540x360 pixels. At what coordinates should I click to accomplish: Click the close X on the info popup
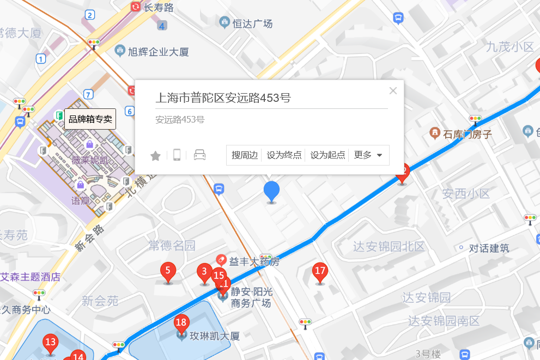click(x=393, y=91)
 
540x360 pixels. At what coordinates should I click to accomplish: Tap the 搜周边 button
click(x=244, y=155)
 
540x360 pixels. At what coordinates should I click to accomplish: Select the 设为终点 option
click(x=284, y=155)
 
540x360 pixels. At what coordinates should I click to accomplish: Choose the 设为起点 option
click(x=327, y=155)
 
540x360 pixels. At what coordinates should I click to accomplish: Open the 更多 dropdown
click(x=368, y=155)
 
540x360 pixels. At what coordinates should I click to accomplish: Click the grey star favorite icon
click(x=155, y=156)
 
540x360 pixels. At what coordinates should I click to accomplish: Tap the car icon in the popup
click(x=200, y=155)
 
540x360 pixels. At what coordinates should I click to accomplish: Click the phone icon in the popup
click(x=177, y=155)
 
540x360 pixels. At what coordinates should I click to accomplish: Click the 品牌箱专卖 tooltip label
click(x=90, y=119)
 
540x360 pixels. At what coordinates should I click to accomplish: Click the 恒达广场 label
click(x=252, y=23)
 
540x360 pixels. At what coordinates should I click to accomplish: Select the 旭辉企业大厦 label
click(x=158, y=52)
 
